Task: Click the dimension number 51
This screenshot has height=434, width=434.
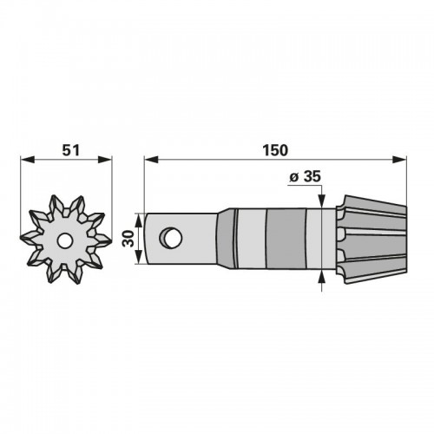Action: (71, 150)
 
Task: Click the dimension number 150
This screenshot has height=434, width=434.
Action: (275, 150)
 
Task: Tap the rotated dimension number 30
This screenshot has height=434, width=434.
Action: (128, 239)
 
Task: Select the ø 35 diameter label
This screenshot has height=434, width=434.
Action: (306, 176)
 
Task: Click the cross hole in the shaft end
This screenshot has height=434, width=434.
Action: (171, 238)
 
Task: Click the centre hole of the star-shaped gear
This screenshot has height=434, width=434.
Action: (64, 240)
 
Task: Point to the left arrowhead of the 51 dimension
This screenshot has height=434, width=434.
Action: (28, 160)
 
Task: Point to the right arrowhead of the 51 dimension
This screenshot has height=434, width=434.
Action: (105, 160)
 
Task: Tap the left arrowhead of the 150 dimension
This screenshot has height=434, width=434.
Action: (151, 160)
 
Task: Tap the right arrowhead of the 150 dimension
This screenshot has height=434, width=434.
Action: (399, 160)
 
